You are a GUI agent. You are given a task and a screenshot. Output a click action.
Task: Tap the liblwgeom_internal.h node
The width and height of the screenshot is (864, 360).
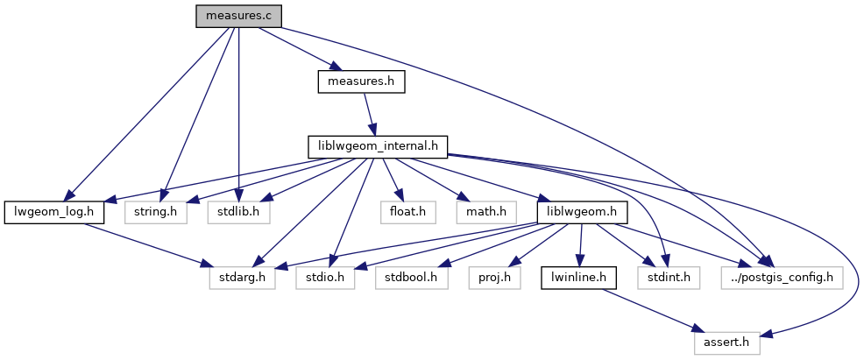[378, 146]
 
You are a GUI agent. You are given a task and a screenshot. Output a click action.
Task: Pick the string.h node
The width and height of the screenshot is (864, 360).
[155, 212]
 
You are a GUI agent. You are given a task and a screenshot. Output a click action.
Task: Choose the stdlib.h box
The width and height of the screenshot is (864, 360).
[238, 212]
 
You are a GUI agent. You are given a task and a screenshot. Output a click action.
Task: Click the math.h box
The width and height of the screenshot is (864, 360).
[482, 212]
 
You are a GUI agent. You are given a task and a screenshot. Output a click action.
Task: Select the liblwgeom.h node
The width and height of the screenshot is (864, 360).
[580, 212]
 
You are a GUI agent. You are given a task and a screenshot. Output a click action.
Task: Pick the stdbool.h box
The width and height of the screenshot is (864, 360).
[412, 278]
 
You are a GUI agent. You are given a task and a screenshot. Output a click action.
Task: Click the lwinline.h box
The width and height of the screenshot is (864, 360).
[578, 278]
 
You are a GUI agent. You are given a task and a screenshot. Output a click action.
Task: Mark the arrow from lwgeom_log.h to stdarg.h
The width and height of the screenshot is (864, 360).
[145, 244]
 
